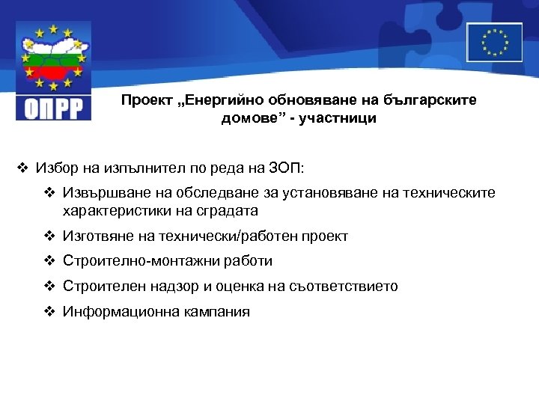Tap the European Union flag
[494, 42]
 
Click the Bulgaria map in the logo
[53, 61]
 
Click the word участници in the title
[341, 117]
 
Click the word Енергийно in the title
[219, 100]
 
